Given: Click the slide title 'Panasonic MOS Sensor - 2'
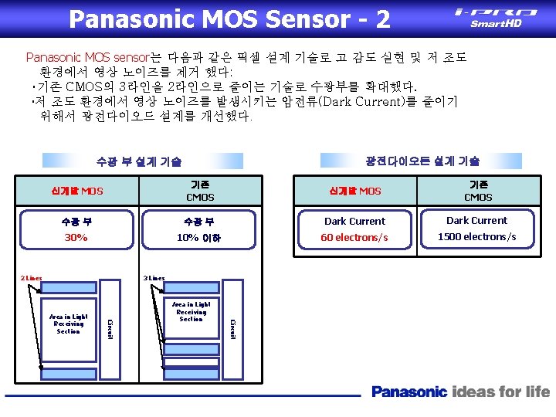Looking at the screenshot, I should point(229,19).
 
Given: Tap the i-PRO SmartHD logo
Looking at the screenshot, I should point(496,17).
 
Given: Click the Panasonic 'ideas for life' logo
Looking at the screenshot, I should point(460,392).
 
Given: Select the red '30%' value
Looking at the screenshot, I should point(76,238).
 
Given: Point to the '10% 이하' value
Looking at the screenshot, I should point(198,238).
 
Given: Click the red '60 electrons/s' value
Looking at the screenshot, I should point(354,237).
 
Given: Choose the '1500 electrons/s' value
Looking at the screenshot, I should point(477,236).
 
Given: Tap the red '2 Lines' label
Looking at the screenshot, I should point(31,277).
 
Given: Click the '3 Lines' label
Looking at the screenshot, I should point(153,277).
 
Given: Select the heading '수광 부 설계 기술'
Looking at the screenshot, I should point(139,161).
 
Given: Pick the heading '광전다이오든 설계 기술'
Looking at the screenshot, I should point(422,161).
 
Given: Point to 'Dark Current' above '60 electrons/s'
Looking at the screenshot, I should point(355,221).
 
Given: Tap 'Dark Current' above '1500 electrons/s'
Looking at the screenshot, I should point(477,220).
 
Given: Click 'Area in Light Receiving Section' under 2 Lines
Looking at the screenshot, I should point(69,324).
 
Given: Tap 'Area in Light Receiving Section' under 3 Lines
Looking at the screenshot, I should point(191,312).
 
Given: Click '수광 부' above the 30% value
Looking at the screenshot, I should point(76,222).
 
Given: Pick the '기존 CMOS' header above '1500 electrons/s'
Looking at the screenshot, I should point(477,191).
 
